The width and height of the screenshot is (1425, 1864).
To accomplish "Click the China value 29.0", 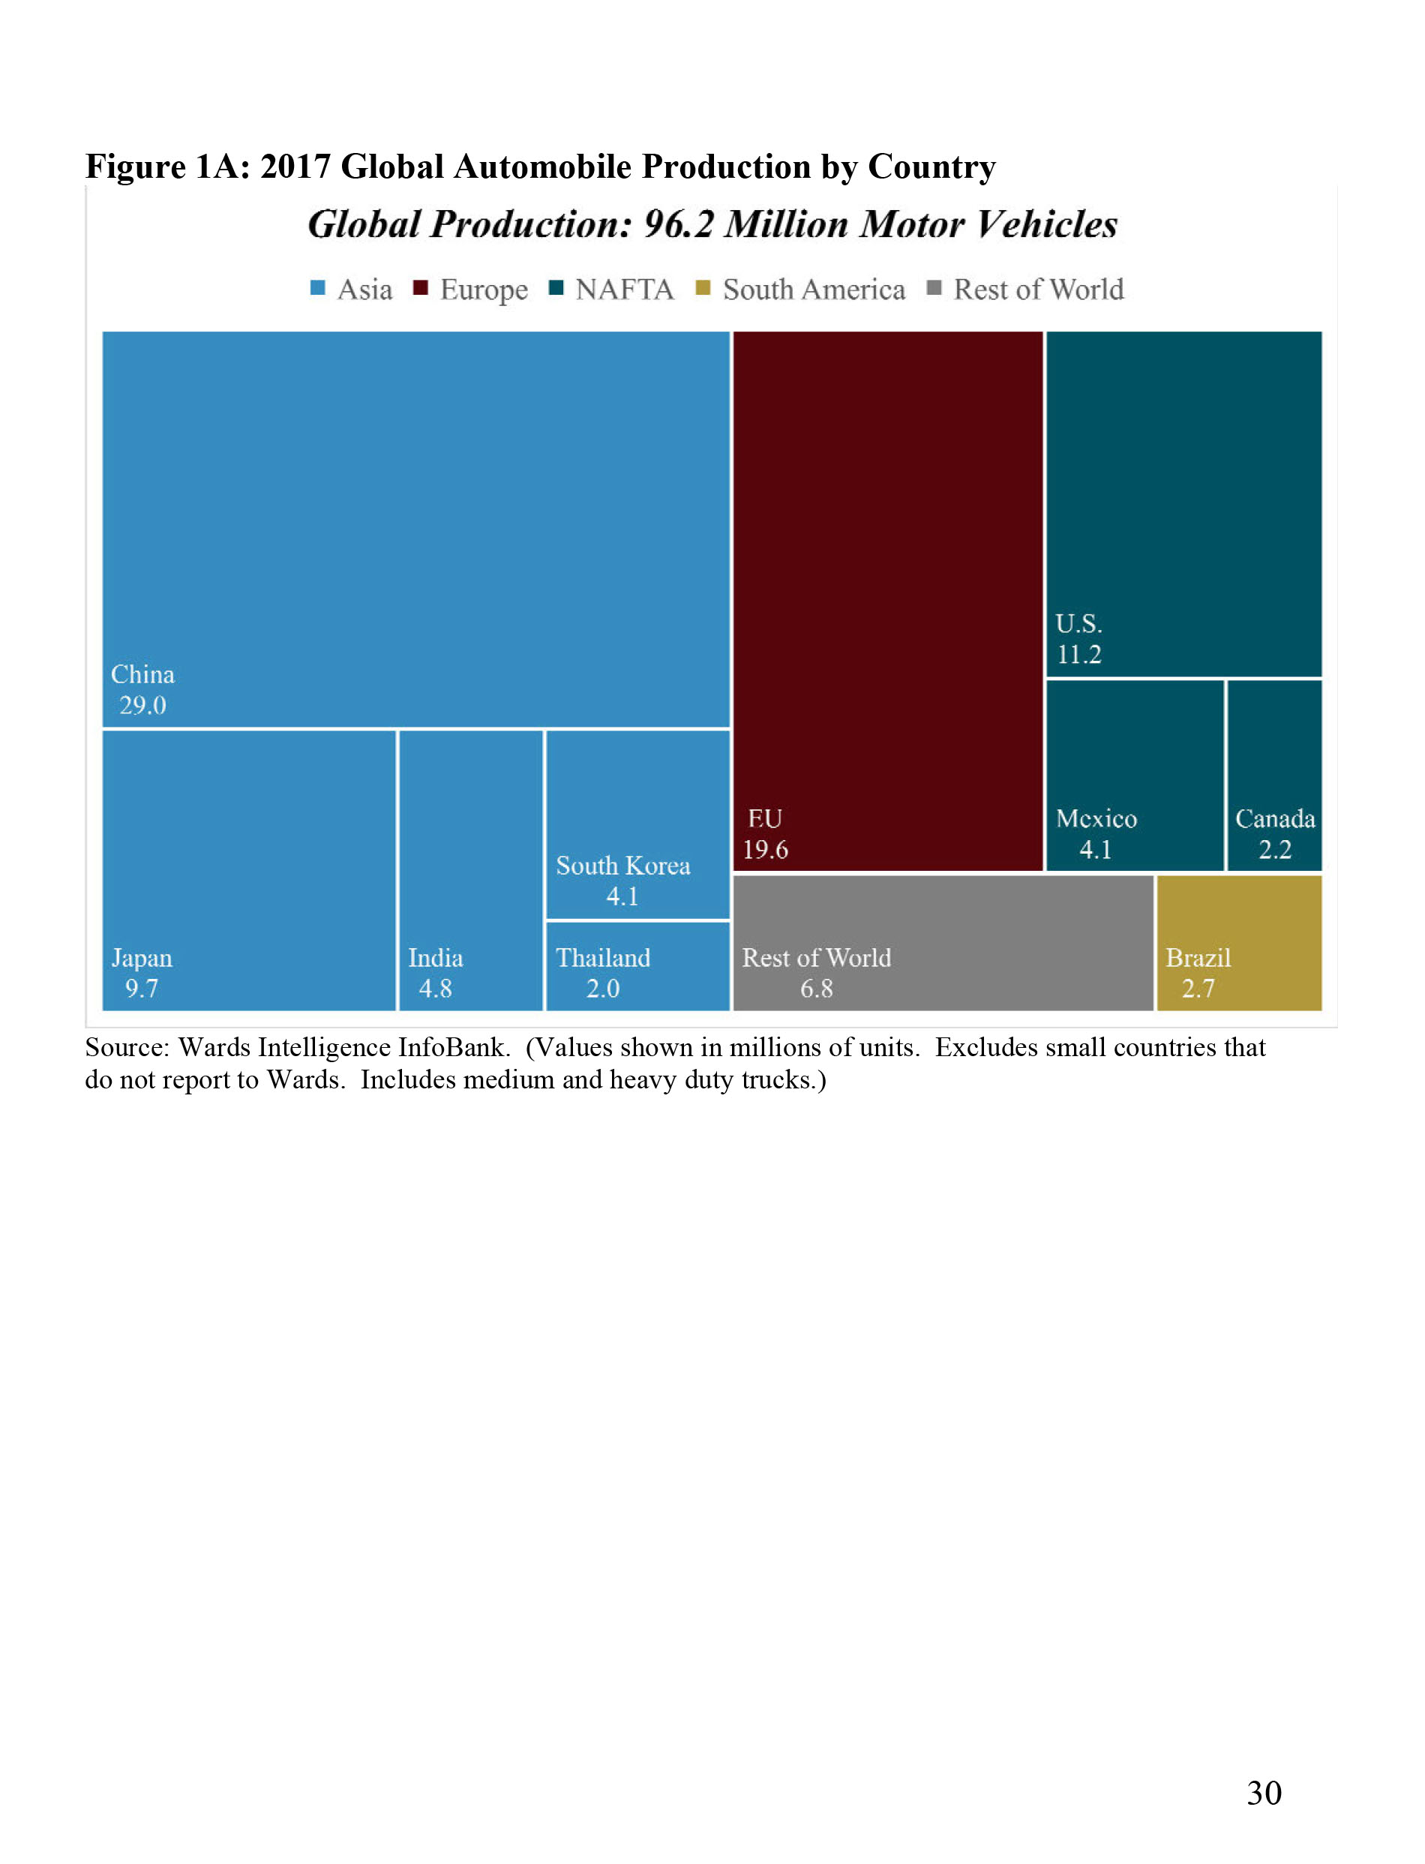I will [142, 705].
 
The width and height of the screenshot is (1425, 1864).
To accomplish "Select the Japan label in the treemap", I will [142, 958].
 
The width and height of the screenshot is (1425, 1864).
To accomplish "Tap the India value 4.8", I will [435, 989].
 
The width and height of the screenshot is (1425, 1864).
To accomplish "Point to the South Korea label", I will [622, 866].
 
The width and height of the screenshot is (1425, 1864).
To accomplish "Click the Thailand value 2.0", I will [603, 989].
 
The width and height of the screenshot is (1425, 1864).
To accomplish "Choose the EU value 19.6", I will [765, 849].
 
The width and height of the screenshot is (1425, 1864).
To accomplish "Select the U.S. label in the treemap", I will [1078, 623].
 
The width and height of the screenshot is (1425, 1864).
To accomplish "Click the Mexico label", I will [1096, 818].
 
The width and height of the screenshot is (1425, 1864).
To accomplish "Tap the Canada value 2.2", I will [1275, 849].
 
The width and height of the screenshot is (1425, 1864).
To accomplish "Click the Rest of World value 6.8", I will [817, 989].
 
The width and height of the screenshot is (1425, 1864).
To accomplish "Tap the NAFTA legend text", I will [624, 290].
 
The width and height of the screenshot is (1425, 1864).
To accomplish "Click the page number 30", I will [1264, 1793].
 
